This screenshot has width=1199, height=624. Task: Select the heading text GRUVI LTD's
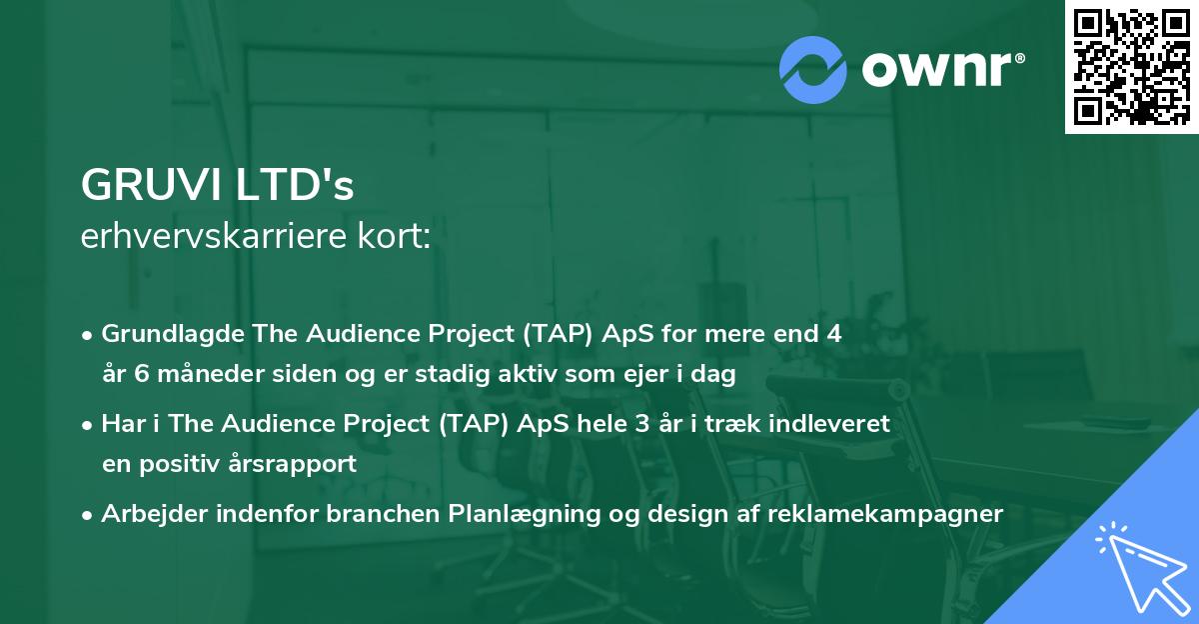pyautogui.click(x=218, y=186)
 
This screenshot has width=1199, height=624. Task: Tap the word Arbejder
pyautogui.click(x=149, y=514)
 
